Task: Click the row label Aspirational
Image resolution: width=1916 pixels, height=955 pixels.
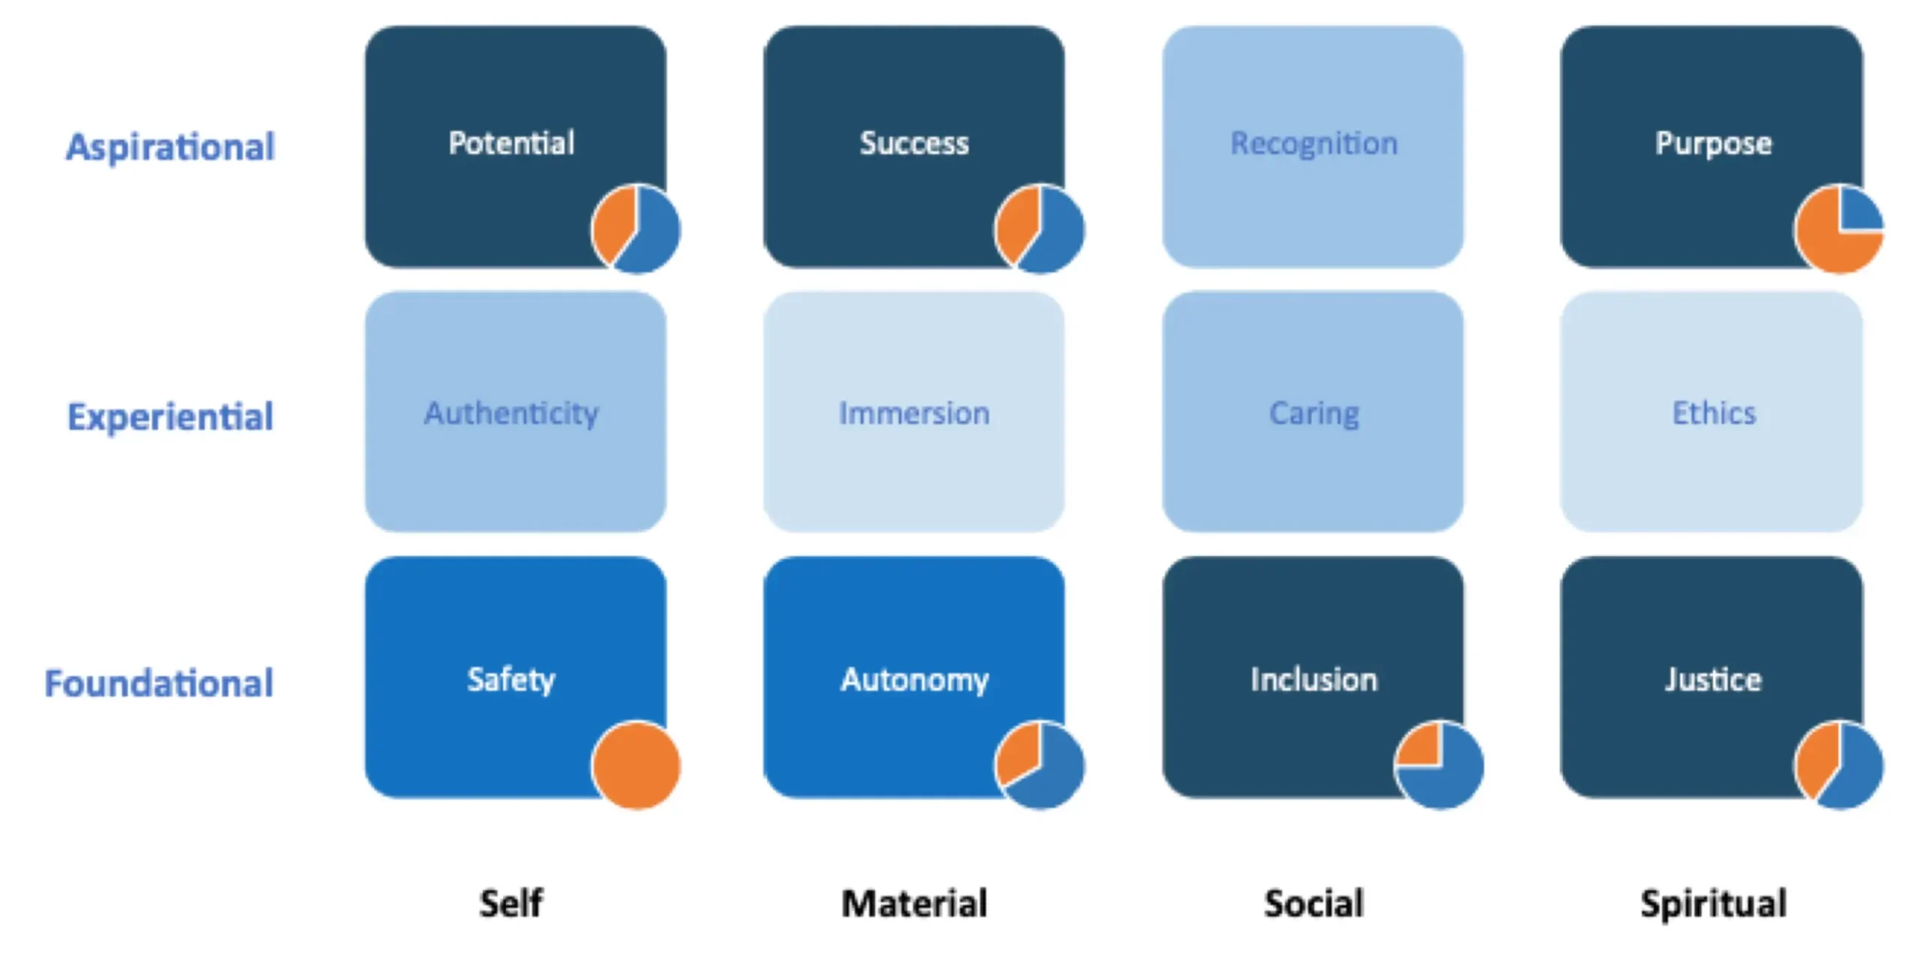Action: click(171, 147)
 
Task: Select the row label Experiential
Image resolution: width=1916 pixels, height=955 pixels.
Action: click(171, 416)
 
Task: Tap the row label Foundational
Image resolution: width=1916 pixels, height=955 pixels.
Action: click(159, 683)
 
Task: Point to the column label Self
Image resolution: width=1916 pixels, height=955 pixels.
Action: click(511, 903)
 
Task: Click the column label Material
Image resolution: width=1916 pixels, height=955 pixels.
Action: click(914, 903)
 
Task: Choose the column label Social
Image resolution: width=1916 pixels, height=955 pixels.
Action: click(1314, 903)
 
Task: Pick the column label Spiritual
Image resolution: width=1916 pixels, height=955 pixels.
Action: click(1713, 903)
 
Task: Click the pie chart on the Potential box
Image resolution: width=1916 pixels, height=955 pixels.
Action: click(636, 229)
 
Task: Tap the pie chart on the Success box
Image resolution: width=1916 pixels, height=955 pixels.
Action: click(1040, 229)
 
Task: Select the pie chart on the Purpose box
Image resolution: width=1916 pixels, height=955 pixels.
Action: click(1839, 229)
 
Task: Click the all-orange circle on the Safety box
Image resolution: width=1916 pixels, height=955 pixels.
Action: click(636, 765)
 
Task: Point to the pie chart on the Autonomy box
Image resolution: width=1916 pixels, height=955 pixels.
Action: click(1040, 765)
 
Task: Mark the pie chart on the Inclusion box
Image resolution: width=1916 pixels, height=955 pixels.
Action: click(1439, 765)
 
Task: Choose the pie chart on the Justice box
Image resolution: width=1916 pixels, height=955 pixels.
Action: click(1839, 765)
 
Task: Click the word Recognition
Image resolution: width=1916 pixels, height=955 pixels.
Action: click(1314, 143)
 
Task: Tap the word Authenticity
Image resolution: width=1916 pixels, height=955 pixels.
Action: click(511, 413)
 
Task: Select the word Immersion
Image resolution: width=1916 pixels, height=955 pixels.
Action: click(914, 413)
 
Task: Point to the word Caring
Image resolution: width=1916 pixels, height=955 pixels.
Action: click(1314, 413)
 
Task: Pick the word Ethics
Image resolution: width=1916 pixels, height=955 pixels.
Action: click(1713, 413)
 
